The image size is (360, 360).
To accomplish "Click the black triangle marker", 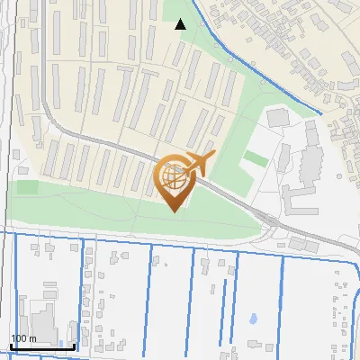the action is pyautogui.click(x=181, y=24).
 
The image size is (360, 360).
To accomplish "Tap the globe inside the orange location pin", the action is pyautogui.click(x=175, y=177).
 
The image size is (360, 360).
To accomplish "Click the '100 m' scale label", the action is pyautogui.click(x=24, y=338).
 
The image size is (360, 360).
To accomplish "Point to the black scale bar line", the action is pyautogui.click(x=42, y=347).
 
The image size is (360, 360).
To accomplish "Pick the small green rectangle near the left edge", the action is pyautogui.click(x=27, y=187).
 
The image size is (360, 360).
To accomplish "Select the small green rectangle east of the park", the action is pyautogui.click(x=255, y=159).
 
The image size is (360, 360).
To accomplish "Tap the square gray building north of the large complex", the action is pyautogui.click(x=277, y=118).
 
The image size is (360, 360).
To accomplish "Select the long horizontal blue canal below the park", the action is pyautogui.click(x=180, y=242).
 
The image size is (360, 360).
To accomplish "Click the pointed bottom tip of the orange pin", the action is pyautogui.click(x=175, y=211).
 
